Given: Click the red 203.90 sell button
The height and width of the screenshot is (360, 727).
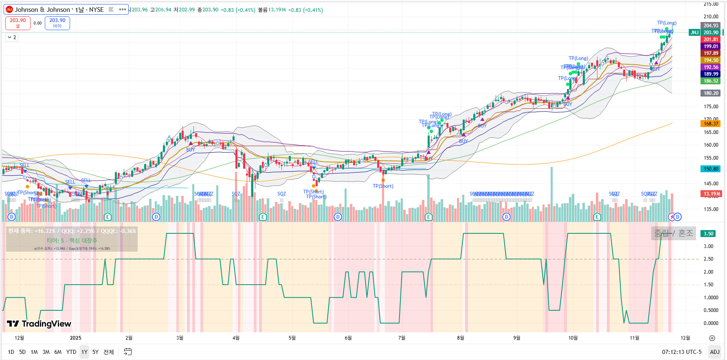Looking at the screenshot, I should pyautogui.click(x=18, y=23).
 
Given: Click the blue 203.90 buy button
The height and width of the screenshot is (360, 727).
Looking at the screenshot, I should pyautogui.click(x=57, y=23).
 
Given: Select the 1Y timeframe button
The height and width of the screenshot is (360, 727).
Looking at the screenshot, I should pyautogui.click(x=84, y=352).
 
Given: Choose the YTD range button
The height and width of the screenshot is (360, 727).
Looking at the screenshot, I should pyautogui.click(x=71, y=352).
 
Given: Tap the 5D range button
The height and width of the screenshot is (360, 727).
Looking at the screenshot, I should pyautogui.click(x=22, y=352).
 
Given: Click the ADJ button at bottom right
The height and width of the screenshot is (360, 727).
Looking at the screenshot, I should pyautogui.click(x=714, y=352).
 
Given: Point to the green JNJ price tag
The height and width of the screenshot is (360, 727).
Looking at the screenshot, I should pyautogui.click(x=694, y=33).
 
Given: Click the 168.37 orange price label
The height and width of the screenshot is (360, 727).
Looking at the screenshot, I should pyautogui.click(x=711, y=124).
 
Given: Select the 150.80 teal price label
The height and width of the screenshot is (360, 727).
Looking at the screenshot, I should pyautogui.click(x=711, y=169).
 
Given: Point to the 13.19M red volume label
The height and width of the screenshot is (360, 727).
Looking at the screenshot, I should pyautogui.click(x=711, y=194).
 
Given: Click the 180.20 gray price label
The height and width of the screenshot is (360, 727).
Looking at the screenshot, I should pyautogui.click(x=711, y=93).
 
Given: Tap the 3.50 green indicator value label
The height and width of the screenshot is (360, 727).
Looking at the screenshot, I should pyautogui.click(x=709, y=234).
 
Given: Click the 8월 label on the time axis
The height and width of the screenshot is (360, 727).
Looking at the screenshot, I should pyautogui.click(x=460, y=338).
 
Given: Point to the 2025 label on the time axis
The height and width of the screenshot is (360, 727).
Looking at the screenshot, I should pyautogui.click(x=75, y=338).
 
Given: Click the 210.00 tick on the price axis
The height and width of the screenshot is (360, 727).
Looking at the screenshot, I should pyautogui.click(x=711, y=17).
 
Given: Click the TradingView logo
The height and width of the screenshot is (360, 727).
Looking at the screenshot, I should pyautogui.click(x=39, y=324).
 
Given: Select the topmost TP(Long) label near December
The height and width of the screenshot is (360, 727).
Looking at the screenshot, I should pyautogui.click(x=666, y=23).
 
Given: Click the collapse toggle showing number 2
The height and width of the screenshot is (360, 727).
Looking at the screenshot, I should pyautogui.click(x=12, y=37).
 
